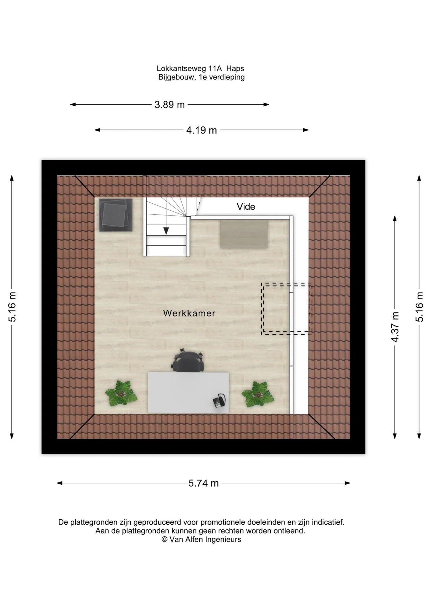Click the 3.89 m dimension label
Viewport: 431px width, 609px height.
click(169, 104)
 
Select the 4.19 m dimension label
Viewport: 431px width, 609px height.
click(202, 130)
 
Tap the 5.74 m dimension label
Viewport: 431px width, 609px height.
click(204, 483)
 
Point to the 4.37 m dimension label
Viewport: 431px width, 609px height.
click(395, 327)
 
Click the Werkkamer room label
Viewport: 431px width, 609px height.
click(189, 313)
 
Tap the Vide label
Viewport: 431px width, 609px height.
click(246, 206)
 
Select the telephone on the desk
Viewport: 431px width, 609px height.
click(219, 401)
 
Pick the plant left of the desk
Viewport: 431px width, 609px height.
click(121, 394)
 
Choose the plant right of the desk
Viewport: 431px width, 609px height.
click(258, 394)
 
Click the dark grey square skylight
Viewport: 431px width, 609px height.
click(116, 215)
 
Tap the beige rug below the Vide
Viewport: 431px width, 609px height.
click(244, 234)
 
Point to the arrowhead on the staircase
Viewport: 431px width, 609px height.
click(166, 231)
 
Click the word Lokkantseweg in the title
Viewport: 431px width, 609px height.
click(181, 69)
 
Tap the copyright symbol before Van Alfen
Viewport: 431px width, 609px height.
click(164, 540)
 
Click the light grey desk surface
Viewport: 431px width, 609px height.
click(188, 393)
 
